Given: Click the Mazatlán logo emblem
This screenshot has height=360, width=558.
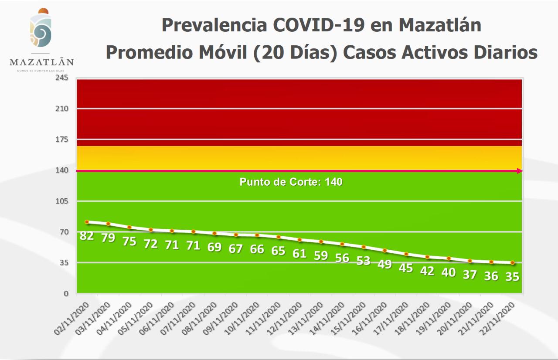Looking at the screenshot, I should click(41, 29).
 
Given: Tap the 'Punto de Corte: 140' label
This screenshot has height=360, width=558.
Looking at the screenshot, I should click(291, 182).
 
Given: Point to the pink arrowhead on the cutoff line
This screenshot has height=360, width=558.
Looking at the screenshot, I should click(519, 171).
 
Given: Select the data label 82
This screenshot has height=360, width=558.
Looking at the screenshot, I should click(87, 236).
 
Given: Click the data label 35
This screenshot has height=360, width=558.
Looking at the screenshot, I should click(512, 276).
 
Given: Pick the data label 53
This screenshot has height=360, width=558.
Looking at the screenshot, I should click(363, 261).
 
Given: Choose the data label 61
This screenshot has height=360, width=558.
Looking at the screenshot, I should click(299, 254).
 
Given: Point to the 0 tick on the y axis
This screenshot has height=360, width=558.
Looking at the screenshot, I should click(66, 293).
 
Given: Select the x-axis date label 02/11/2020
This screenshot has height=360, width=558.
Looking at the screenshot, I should click(73, 320).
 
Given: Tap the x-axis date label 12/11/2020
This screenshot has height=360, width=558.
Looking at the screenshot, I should click(286, 320).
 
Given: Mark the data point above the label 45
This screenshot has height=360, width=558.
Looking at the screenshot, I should click(406, 254).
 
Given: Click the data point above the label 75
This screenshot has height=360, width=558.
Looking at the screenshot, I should click(129, 227).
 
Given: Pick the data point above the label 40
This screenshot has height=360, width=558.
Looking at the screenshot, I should click(449, 258).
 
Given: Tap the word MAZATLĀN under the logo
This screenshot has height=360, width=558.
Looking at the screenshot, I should click(42, 62).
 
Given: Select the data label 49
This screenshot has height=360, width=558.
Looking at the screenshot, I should click(384, 264).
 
